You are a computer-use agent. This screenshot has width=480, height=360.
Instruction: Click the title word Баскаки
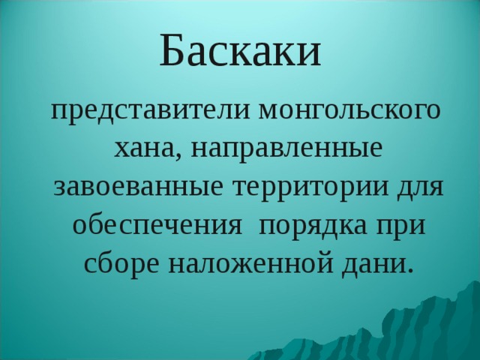240,50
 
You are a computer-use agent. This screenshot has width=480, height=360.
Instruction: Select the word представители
150,112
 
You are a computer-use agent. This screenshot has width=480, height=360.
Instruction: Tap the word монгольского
350,112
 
